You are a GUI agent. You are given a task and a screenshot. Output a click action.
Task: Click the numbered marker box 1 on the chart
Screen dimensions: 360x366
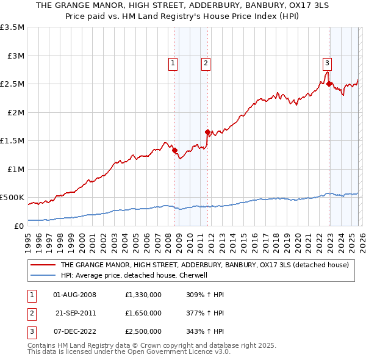point(173,62)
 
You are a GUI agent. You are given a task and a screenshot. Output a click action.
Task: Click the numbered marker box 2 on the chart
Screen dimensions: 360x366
point(206,62)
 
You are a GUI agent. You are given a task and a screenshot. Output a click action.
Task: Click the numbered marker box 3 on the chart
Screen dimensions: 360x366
point(328,62)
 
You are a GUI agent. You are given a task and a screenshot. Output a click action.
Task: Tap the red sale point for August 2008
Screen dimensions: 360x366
point(174,150)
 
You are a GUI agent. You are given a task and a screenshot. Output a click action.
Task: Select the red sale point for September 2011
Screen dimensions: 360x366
point(207,132)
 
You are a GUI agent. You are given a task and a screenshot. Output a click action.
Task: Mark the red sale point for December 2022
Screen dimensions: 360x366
point(329,84)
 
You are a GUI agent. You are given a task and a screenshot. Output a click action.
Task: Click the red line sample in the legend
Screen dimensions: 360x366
point(43,265)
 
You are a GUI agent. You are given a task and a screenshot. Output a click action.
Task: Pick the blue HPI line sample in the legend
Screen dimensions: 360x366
point(43,275)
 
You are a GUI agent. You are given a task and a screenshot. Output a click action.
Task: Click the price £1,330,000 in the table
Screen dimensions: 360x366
point(143,295)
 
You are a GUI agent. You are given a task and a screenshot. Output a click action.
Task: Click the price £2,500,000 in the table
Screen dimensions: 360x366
point(143,331)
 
